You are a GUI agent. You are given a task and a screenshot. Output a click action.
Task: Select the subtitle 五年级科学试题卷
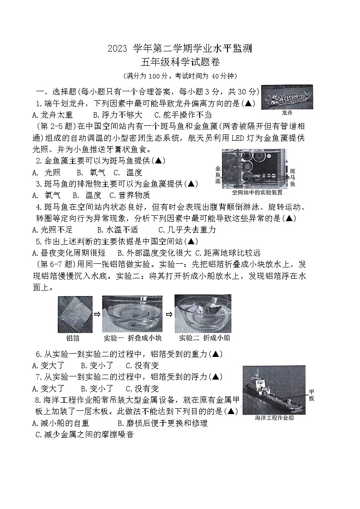coord(180,63)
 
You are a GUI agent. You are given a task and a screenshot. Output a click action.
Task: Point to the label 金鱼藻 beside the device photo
coord(218,174)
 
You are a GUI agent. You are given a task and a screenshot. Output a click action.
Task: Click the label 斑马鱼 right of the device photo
coord(293,177)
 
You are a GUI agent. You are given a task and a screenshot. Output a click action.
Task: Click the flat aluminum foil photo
coord(75,314)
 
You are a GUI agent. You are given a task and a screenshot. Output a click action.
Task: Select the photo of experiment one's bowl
coord(132,314)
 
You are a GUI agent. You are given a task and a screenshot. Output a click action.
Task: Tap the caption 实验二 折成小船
coord(203,338)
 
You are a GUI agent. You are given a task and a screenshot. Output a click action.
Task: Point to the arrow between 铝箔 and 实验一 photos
coord(97,314)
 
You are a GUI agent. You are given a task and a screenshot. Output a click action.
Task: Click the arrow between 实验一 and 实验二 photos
coord(168,314)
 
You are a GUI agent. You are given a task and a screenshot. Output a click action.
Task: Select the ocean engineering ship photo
coord(274,390)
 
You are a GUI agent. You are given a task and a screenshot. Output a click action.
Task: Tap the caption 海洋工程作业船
coord(274,418)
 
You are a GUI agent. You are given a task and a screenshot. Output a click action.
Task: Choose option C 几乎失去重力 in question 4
coord(187,230)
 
